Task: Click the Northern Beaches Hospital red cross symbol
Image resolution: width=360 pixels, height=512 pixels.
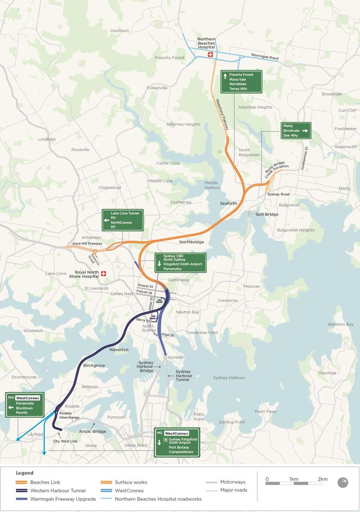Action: [210, 55]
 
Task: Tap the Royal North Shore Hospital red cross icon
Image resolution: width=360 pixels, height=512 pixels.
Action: [104, 274]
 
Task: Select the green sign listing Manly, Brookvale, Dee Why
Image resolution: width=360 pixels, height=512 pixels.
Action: [296, 131]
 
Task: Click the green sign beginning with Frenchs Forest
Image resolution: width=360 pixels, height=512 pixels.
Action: [241, 82]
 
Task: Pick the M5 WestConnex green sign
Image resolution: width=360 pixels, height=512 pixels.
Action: [176, 442]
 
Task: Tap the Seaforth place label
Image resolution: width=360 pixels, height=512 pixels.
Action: [229, 203]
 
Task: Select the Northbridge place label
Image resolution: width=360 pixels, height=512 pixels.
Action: [191, 241]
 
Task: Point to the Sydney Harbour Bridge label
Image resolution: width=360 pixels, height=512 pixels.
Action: [146, 366]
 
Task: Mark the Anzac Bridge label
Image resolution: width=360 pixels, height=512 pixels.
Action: [93, 431]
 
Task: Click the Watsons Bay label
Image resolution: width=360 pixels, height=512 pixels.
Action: [340, 324]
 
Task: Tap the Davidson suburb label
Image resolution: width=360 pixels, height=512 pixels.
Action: [119, 30]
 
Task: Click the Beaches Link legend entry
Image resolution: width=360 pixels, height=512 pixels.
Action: [45, 482]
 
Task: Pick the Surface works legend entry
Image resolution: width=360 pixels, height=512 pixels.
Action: [131, 482]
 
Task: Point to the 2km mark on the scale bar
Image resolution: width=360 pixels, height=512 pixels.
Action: [322, 479]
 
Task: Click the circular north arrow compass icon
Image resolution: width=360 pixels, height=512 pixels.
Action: [343, 482]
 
